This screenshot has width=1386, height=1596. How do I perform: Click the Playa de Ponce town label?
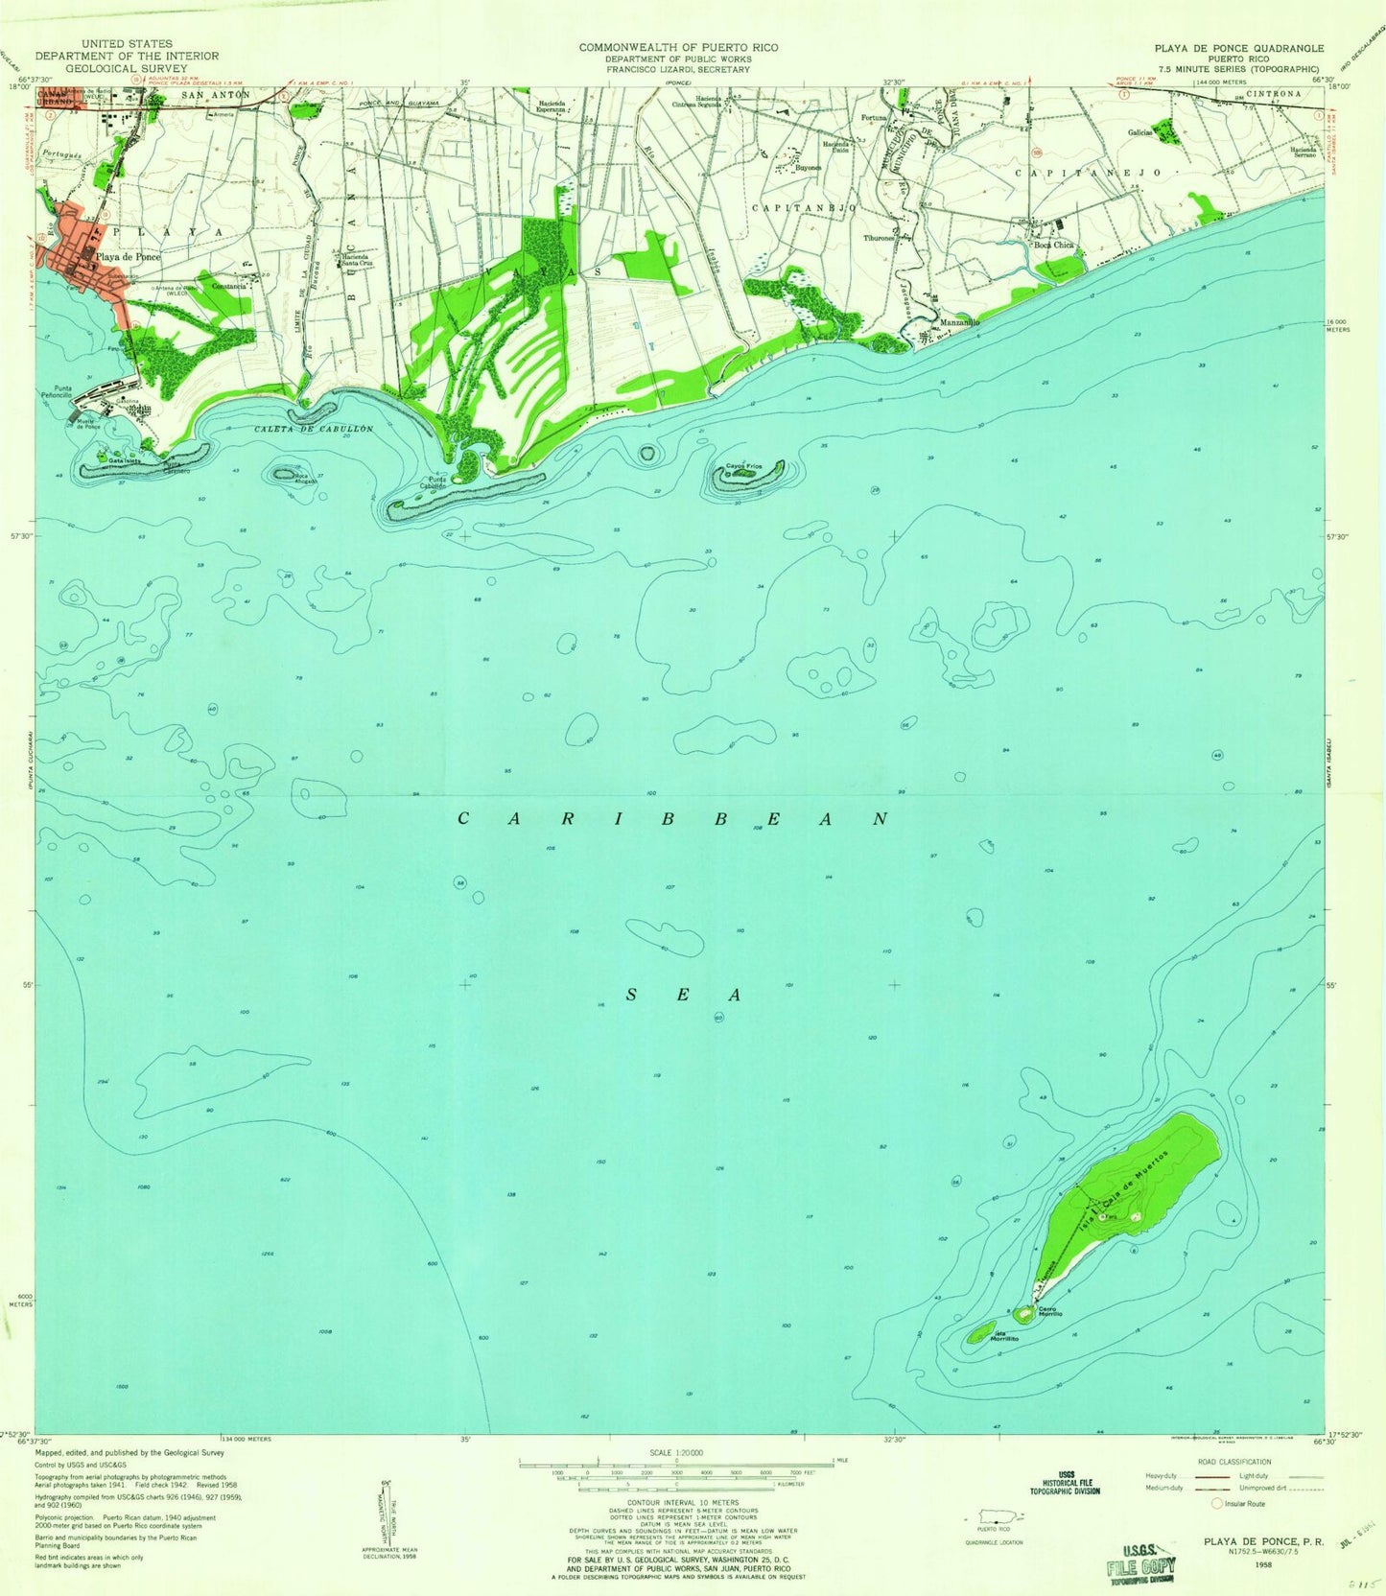pos(127,257)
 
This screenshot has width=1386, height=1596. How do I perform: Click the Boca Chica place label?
pos(1052,245)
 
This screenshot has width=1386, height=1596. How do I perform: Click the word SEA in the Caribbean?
pos(683,995)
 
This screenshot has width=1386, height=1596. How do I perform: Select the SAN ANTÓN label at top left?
pos(216,95)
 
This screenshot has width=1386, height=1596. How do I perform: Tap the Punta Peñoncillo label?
pos(63,391)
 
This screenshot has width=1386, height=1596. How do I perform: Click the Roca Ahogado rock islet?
pos(285,473)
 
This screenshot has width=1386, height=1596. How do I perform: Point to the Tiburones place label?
pos(879,237)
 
